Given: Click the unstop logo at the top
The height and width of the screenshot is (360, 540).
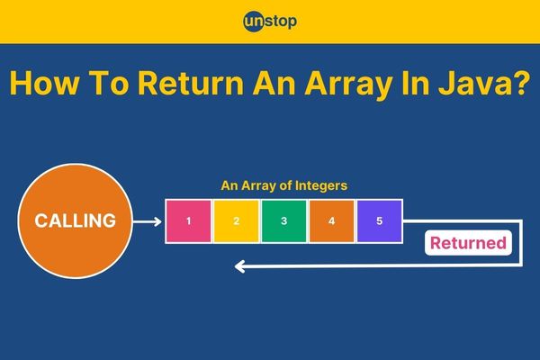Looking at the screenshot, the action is click(x=270, y=22).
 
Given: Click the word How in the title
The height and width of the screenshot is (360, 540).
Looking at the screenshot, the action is click(x=45, y=83).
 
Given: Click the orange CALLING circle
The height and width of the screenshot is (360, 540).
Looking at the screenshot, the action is click(x=75, y=220).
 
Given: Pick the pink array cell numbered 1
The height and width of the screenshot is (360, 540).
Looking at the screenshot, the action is click(x=188, y=221).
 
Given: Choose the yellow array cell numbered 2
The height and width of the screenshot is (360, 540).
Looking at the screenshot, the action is click(x=236, y=221).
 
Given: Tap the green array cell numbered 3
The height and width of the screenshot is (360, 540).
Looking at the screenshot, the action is click(x=283, y=221).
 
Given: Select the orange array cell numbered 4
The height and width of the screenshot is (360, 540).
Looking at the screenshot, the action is click(x=331, y=221).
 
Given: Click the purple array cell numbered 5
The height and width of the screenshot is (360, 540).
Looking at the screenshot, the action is click(x=380, y=221).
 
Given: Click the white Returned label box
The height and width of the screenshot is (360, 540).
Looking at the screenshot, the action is click(x=468, y=243).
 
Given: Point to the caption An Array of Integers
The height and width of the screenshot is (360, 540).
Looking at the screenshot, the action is click(x=284, y=185).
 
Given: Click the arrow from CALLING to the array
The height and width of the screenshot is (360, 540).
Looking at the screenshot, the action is click(x=148, y=221).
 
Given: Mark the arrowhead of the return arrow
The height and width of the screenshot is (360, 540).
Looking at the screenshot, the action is click(x=239, y=266).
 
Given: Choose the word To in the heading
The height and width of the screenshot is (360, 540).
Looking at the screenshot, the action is click(x=109, y=83).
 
